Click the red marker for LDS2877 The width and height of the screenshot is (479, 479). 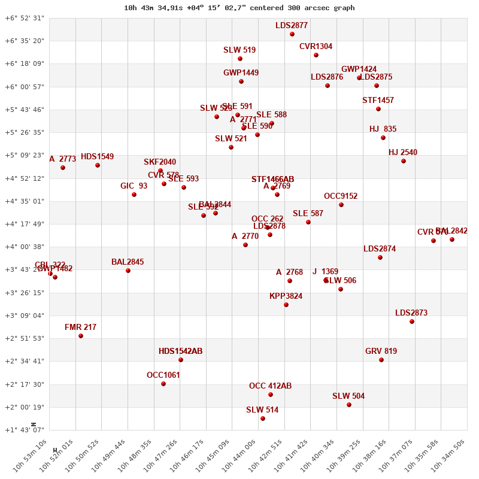pos(292,34)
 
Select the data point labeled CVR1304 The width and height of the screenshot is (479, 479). pos(316,55)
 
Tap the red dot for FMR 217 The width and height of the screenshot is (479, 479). pos(81,336)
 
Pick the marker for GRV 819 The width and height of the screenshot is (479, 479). pos(381,360)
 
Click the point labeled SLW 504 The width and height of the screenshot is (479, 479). pos(349,405)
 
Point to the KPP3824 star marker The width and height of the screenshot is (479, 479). pos(286,305)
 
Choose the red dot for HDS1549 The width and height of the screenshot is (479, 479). pos(98,165)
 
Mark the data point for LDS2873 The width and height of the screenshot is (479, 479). pos(412,322)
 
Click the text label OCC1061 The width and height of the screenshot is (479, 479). pos(163,375)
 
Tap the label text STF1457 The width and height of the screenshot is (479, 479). pos(378,101)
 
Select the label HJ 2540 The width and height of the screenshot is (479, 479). pos(403,153)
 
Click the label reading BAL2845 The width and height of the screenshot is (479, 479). pos(128,262)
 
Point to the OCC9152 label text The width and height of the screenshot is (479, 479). pos(341,196)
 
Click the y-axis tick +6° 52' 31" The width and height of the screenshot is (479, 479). pos(25,18)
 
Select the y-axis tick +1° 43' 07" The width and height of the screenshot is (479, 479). pos(25,430)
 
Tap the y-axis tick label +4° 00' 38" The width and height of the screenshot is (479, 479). pos(25,247)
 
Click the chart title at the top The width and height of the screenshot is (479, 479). pos(239,8)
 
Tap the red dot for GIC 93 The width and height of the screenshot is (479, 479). pos(134,195)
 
